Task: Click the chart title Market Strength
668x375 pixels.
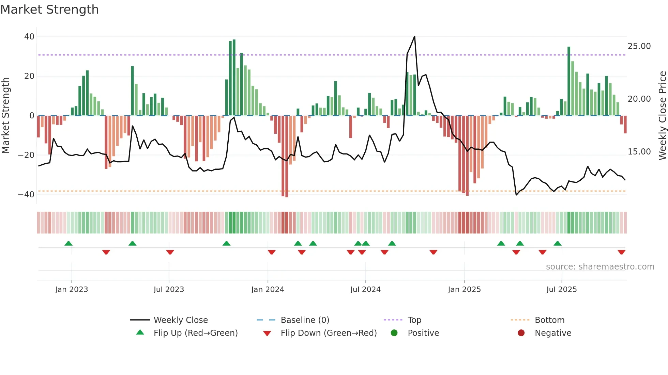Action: [x=49, y=10]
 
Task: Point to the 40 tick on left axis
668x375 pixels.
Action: [x=29, y=37]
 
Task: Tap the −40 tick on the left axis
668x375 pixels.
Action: [x=26, y=195]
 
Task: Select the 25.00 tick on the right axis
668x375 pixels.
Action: [x=639, y=46]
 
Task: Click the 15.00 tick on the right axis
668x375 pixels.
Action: [x=639, y=152]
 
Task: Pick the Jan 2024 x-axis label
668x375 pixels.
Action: [x=268, y=290]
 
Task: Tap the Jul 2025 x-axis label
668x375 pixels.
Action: [x=561, y=290]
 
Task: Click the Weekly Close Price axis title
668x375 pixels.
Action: [x=662, y=116]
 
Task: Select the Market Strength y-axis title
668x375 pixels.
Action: [x=6, y=116]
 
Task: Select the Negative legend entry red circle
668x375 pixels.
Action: [x=521, y=333]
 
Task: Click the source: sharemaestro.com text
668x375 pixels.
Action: [x=600, y=267]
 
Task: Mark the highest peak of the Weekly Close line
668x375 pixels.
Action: [x=414, y=36]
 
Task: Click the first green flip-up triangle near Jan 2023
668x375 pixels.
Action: [x=69, y=243]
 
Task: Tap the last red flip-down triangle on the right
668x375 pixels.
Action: [x=621, y=252]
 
